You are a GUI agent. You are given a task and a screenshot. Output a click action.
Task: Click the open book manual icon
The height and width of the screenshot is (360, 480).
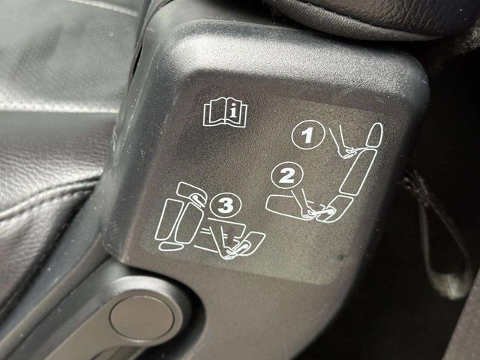(225, 112)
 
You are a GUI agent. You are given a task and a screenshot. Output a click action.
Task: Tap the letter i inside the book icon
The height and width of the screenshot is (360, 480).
(234, 112)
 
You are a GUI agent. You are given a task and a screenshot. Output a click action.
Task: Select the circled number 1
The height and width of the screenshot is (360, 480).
(307, 135)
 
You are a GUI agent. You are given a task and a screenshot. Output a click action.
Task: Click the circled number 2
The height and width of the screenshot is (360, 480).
(286, 176)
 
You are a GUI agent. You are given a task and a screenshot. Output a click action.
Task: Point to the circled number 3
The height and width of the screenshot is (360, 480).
(226, 205)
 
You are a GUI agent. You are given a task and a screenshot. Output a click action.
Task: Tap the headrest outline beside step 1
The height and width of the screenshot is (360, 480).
(375, 135)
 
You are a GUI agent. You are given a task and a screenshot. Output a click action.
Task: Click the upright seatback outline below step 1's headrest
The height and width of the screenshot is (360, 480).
(358, 172)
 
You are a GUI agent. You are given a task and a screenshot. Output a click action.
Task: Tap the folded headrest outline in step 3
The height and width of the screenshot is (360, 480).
(192, 192)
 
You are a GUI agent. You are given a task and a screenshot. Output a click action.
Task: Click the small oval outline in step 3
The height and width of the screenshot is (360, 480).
(170, 246)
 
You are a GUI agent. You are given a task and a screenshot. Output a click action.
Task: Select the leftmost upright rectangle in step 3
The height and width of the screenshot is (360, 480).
(166, 219)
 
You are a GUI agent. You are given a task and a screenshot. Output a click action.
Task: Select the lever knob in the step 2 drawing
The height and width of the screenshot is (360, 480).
(330, 211)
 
